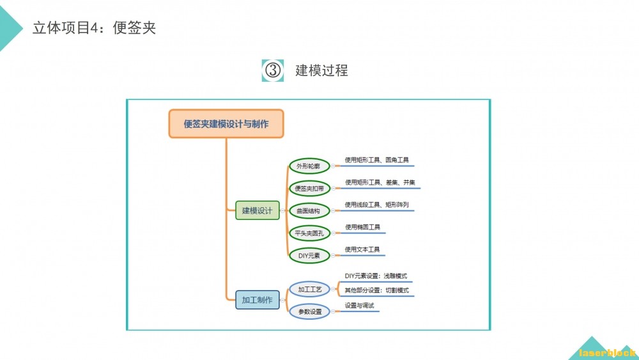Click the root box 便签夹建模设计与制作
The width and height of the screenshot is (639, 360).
(226, 124)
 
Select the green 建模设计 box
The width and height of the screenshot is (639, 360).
(257, 210)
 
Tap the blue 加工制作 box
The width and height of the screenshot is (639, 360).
(257, 299)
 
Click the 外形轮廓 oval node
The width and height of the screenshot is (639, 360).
(309, 166)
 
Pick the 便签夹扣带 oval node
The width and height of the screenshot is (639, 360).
(309, 189)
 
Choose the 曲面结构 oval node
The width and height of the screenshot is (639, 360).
(309, 210)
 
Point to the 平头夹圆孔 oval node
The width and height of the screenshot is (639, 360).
(309, 233)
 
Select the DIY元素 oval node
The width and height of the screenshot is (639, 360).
(309, 255)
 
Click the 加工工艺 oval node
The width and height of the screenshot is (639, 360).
(309, 289)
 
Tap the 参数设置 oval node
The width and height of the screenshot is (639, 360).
(309, 311)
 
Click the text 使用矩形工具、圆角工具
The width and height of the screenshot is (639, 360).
(376, 160)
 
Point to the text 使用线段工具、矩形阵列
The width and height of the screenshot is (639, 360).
(376, 205)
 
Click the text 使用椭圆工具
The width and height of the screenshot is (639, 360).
(362, 227)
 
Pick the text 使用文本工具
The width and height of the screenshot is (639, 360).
(362, 249)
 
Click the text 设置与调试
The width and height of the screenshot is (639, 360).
(359, 306)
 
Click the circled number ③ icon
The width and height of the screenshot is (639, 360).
(273, 70)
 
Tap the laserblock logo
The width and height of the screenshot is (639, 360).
(606, 352)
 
